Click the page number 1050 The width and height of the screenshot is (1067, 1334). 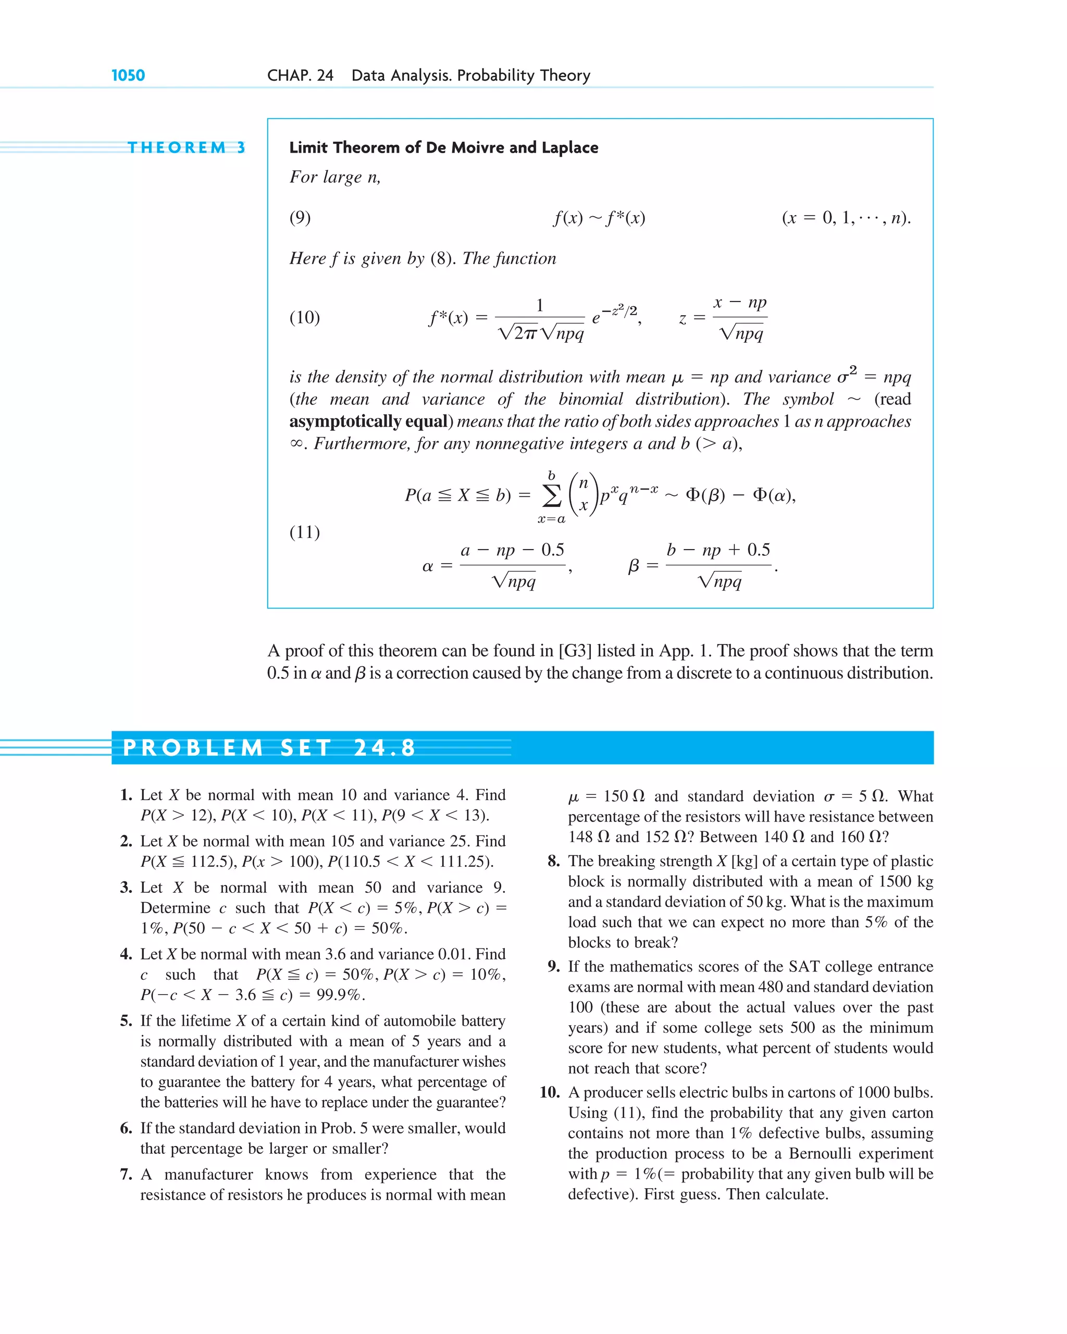point(128,76)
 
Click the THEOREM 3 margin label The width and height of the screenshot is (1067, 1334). point(185,147)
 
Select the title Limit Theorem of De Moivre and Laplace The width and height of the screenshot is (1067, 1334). point(443,147)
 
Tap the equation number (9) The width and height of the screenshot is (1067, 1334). point(300,217)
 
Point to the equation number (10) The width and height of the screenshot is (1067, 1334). point(304,317)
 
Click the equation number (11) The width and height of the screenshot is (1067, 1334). point(304,532)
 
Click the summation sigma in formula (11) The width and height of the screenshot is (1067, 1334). point(551,495)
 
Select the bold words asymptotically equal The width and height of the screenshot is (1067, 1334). point(369,421)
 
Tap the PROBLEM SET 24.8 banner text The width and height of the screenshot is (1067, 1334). point(269,747)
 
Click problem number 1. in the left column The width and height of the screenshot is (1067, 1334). point(126,795)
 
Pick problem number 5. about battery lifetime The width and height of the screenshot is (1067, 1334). point(126,1021)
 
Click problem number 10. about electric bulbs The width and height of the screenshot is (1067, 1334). point(550,1092)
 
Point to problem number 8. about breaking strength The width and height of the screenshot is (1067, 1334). point(553,861)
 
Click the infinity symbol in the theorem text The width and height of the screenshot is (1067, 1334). point(296,444)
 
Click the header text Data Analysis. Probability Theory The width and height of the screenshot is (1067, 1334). point(470,76)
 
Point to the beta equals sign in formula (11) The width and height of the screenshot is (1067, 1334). point(652,566)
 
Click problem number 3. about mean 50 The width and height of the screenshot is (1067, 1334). point(126,888)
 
